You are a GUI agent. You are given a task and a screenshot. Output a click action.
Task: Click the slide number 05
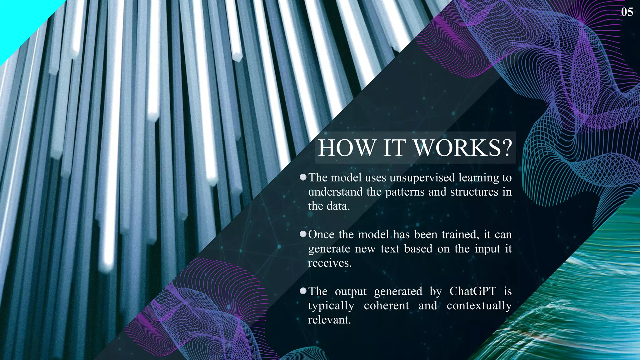627,12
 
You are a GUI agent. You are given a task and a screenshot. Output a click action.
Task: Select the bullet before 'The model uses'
303,177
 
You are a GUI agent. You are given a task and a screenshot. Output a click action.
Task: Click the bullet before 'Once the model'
303,234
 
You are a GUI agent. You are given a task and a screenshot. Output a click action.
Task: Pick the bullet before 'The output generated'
303,291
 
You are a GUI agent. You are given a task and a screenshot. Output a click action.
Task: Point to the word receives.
330,263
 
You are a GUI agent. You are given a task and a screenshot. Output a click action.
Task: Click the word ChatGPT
472,291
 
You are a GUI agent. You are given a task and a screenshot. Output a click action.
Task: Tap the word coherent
386,305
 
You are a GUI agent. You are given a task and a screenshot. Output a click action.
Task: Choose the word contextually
479,305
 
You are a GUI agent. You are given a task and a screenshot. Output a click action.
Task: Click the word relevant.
329,320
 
